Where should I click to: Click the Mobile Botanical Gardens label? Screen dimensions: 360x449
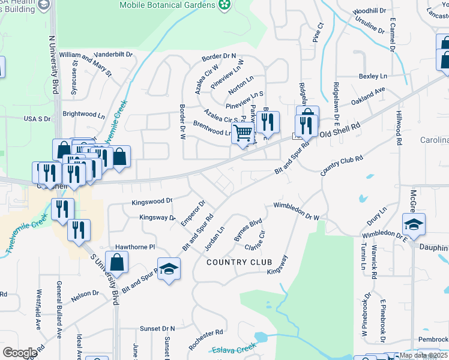(x=167, y=5)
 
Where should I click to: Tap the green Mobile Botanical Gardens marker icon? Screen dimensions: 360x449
(x=224, y=5)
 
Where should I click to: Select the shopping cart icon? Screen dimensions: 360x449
(x=243, y=133)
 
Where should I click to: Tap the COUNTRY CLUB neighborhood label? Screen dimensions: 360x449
(x=240, y=262)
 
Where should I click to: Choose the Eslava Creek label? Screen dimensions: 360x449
(x=234, y=349)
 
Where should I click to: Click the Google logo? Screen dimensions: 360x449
(x=20, y=353)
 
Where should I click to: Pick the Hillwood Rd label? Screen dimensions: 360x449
(x=399, y=128)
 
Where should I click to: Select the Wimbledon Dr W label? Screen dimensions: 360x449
(x=296, y=211)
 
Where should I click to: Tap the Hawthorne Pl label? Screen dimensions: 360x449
(x=135, y=247)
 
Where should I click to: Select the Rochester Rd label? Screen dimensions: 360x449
(x=205, y=340)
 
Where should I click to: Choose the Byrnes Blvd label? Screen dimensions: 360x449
(x=249, y=229)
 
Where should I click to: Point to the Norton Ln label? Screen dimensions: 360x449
(x=241, y=86)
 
